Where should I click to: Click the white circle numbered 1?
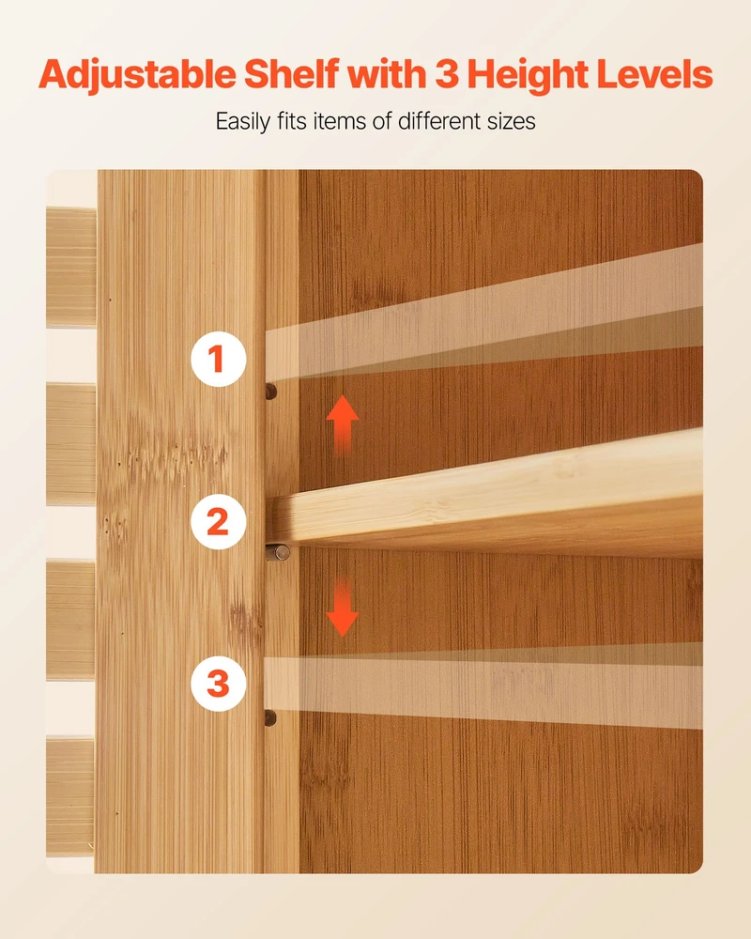218,359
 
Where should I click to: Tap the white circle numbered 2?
218,521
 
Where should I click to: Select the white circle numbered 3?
218,684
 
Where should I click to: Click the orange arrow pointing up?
343,424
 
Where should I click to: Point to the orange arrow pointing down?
343,607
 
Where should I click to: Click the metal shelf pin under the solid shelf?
278,552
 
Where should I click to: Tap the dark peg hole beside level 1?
271,392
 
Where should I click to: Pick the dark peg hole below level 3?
270,717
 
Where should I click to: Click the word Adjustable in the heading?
137,75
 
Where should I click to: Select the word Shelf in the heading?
292,74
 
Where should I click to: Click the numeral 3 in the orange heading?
447,74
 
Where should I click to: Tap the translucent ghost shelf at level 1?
483,312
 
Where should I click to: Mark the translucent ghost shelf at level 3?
483,685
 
